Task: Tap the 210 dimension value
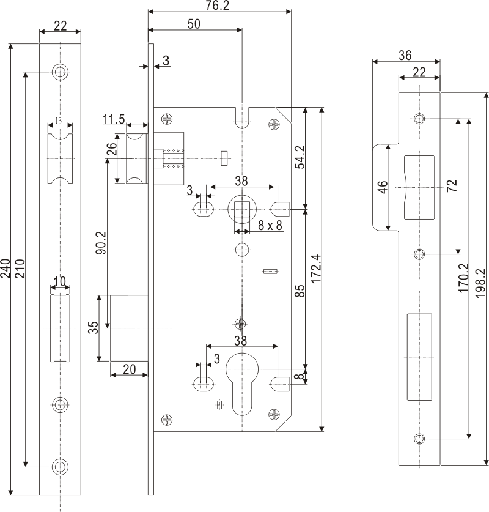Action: tap(19, 269)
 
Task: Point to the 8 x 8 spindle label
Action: tap(270, 225)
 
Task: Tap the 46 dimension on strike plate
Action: tap(382, 187)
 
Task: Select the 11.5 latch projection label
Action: tap(114, 119)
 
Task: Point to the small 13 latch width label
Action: tap(59, 121)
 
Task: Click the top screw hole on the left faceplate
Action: tap(60, 72)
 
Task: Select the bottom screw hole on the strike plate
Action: tap(419, 438)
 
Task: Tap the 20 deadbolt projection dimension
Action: tap(129, 369)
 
